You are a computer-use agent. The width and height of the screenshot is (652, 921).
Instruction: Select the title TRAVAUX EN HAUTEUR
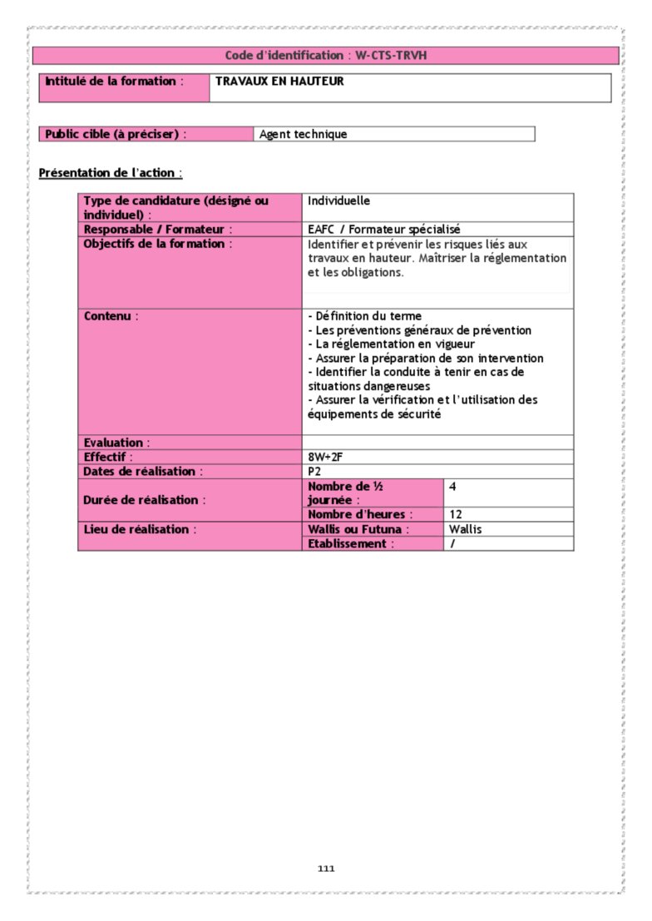(x=279, y=82)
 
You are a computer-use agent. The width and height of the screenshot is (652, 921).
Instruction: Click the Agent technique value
(x=303, y=134)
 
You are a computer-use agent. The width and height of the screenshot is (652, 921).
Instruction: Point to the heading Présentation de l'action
(x=110, y=173)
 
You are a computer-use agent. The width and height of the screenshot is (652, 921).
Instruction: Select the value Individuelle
(x=338, y=201)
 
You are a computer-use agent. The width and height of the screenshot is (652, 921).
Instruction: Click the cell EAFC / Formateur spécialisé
(x=383, y=229)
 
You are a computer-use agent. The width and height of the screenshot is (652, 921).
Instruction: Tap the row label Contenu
(x=111, y=316)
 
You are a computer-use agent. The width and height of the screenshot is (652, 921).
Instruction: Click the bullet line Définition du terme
(x=364, y=316)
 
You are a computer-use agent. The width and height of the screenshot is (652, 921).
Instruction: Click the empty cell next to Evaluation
(x=437, y=443)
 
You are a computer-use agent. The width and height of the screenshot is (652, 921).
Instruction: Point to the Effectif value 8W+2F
(x=325, y=457)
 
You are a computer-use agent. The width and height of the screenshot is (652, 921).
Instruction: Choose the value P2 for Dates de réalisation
(x=314, y=471)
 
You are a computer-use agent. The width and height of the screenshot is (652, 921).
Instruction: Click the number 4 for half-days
(x=452, y=486)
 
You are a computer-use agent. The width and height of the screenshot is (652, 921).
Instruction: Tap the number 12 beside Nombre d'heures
(x=455, y=515)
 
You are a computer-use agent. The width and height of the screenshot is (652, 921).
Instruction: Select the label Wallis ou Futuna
(x=358, y=529)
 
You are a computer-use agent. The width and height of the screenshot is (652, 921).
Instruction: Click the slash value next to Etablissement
(x=452, y=543)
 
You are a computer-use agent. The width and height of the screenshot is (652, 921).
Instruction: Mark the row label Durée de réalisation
(x=145, y=500)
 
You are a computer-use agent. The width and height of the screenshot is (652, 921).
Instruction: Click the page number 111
(x=326, y=869)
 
